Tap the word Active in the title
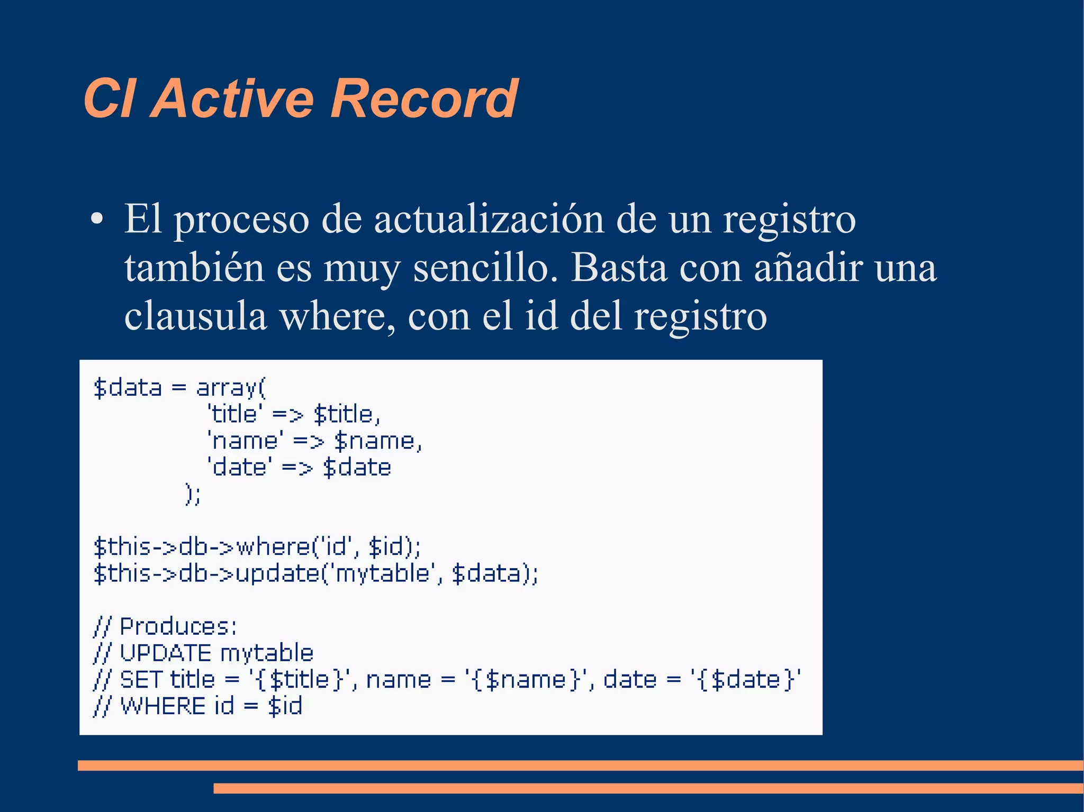[233, 98]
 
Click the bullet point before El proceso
[96, 218]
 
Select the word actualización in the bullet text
[489, 219]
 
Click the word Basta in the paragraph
[618, 268]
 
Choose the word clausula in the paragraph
[195, 316]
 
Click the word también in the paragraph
[194, 268]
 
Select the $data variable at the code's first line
[128, 388]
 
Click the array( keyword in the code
[231, 388]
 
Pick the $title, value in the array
[347, 414]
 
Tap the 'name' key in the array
[245, 441]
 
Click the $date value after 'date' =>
[357, 468]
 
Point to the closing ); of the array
[193, 494]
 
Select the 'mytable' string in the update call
[382, 573]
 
